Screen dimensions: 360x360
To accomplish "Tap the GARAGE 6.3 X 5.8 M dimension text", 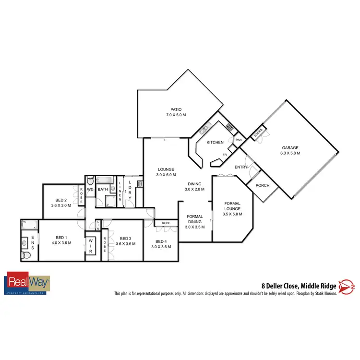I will pyautogui.click(x=290, y=153).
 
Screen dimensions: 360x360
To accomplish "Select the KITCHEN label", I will pyautogui.click(x=215, y=143).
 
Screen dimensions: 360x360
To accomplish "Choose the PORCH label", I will pyautogui.click(x=263, y=186).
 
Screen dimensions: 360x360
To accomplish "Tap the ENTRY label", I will pyautogui.click(x=241, y=167).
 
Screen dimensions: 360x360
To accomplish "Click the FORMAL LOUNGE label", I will pyautogui.click(x=232, y=206).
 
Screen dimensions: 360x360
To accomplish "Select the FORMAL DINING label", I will pyautogui.click(x=195, y=219).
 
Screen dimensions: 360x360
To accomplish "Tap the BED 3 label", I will pyautogui.click(x=125, y=239).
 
